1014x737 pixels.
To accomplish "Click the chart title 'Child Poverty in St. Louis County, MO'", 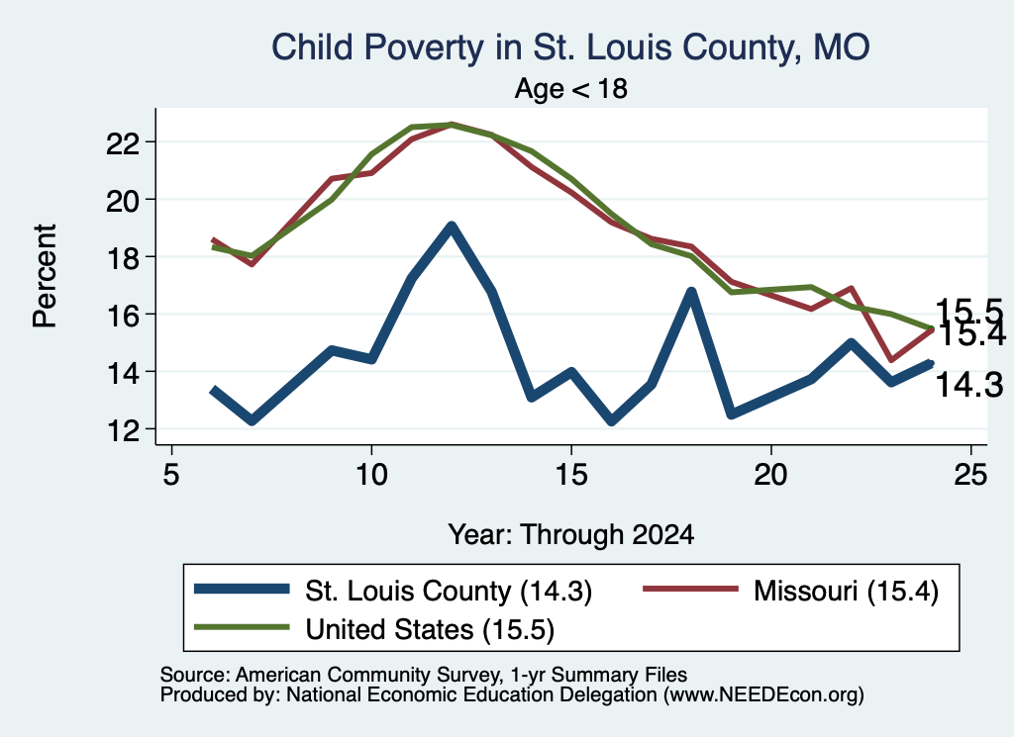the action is [570, 47].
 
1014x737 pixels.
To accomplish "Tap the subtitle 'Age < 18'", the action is [571, 88].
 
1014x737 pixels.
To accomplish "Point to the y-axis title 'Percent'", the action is [45, 276].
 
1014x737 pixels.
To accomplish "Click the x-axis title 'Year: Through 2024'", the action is [571, 535].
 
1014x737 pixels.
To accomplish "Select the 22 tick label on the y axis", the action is [123, 142].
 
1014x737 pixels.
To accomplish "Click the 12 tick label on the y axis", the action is [123, 430].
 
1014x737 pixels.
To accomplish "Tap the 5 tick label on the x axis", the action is [170, 475].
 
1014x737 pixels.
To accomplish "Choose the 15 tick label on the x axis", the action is [571, 475].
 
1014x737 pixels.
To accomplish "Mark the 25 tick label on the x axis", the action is [970, 475].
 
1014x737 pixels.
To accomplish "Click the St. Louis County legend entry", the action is [393, 591].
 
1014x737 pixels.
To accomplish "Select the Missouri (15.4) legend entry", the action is [790, 591].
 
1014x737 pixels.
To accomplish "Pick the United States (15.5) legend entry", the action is [374, 629].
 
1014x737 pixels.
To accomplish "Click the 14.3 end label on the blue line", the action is [969, 385].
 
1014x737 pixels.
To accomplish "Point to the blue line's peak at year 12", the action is [452, 227].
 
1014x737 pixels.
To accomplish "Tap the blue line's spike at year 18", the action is [691, 292].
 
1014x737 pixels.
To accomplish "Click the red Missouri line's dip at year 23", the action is [892, 359].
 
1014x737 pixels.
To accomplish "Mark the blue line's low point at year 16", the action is [612, 421].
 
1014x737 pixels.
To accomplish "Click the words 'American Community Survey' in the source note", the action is [367, 675].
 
